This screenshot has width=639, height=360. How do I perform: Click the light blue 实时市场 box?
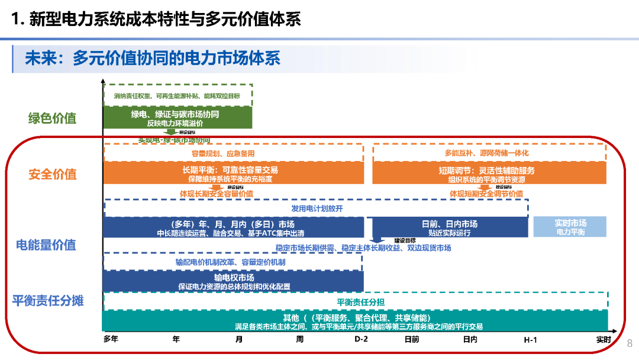(x=570, y=227)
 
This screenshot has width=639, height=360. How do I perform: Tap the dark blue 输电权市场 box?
(x=234, y=281)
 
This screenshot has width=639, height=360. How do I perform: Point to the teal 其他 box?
(x=355, y=322)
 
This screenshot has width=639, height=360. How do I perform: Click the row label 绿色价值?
(x=52, y=118)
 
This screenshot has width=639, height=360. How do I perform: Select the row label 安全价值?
(x=52, y=174)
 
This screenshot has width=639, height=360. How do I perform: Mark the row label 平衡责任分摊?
(x=49, y=300)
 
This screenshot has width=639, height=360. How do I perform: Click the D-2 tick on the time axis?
(x=361, y=339)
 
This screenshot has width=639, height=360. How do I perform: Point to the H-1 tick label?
(x=530, y=339)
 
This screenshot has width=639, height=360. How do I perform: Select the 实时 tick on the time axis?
(x=603, y=339)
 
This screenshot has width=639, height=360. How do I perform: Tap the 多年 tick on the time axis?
(x=111, y=339)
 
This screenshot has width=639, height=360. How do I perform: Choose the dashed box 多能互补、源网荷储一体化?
(x=489, y=153)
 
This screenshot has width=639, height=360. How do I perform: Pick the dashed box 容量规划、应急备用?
(x=234, y=153)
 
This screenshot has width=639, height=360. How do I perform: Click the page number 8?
(x=630, y=343)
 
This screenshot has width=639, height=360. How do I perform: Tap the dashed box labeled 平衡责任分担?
(x=355, y=301)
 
